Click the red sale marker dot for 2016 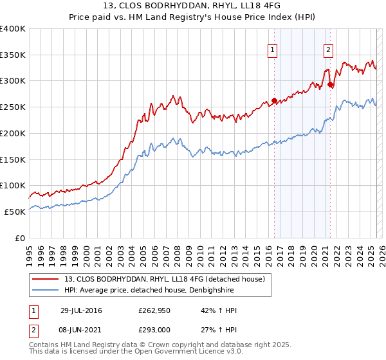274,100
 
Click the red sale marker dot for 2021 330,84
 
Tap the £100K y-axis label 13,185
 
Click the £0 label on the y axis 19,238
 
